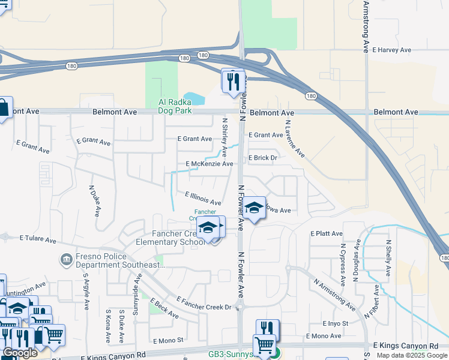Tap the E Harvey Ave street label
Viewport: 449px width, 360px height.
tap(391, 50)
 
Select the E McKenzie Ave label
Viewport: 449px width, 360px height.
tap(209, 164)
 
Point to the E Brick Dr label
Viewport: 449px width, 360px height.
tap(262, 158)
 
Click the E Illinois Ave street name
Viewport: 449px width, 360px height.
tap(203, 199)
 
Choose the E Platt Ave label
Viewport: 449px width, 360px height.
tap(327, 233)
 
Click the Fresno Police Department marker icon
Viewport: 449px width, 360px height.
tap(65, 260)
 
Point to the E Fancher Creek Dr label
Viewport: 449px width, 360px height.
tap(205, 303)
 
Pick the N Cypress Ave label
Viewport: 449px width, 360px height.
tap(343, 263)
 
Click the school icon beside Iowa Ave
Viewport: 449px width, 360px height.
tap(255, 208)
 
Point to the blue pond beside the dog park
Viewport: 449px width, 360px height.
tap(193, 97)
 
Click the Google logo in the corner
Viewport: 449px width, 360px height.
tap(20, 353)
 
